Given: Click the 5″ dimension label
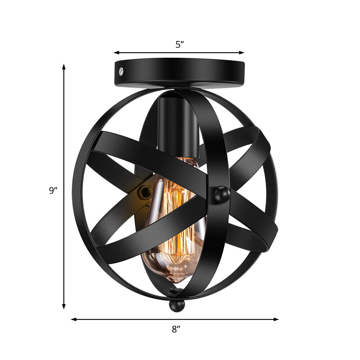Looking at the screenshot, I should click(180, 45).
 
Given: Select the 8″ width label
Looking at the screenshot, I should click(176, 329).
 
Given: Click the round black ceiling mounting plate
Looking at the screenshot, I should click(180, 74).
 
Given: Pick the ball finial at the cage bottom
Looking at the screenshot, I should click(177, 306).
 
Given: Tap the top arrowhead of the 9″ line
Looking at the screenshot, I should click(64, 67).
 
